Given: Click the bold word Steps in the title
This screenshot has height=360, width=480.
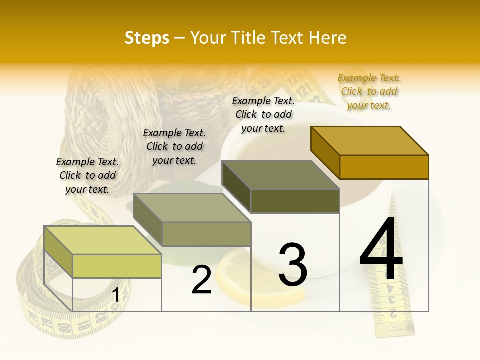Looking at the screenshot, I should (147, 38).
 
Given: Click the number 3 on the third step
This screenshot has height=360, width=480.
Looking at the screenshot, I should (293, 264).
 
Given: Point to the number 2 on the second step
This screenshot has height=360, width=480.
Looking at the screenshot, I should (201, 280).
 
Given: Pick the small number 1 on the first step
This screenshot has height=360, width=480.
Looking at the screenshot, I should (115, 295).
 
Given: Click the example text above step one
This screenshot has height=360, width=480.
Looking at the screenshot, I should (87, 175).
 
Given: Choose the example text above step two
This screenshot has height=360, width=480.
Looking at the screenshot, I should (174, 146).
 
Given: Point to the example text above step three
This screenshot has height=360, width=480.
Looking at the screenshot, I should (263, 114).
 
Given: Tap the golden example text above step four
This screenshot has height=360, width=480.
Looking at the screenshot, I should (369, 91).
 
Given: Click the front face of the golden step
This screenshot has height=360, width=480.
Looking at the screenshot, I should (384, 167).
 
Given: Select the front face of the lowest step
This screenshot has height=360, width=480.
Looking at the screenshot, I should (117, 266).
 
